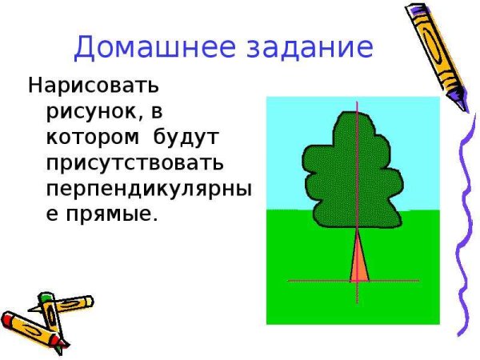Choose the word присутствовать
pyautogui.click(x=134, y=163)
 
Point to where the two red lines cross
pyautogui.click(x=356, y=281)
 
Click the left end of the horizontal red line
pyautogui.click(x=289, y=281)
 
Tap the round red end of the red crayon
pyautogui.click(x=6, y=321)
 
